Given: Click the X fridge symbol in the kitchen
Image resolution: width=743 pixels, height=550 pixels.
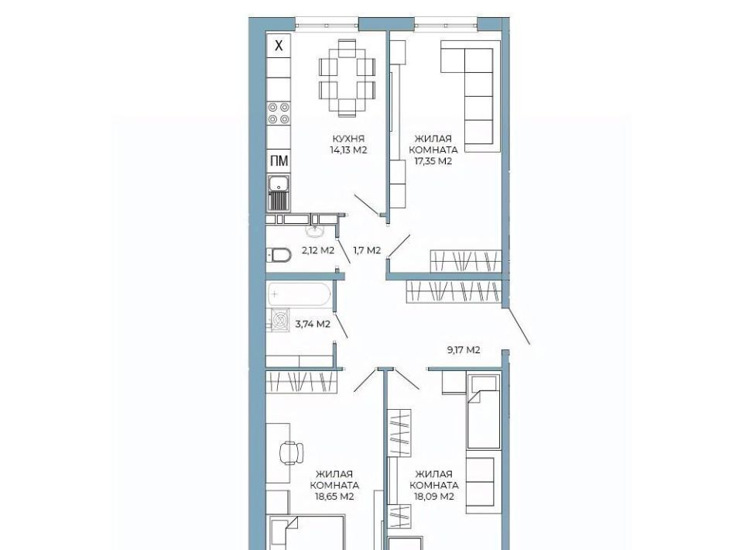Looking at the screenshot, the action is point(279,46).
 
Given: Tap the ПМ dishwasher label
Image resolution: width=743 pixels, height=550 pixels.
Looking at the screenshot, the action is point(279,161).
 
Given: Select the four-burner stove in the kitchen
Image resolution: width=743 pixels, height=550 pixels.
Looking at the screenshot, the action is point(279,113).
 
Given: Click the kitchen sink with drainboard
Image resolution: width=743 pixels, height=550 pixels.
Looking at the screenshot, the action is point(279,193).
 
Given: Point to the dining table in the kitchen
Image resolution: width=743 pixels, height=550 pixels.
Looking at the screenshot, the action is point(347,78).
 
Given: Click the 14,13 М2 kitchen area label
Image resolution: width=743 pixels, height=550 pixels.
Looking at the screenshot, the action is point(349,150).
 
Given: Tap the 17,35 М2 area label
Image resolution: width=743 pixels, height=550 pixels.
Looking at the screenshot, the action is point(433,161).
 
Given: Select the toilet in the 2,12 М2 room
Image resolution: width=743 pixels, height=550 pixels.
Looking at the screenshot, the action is point(279,255).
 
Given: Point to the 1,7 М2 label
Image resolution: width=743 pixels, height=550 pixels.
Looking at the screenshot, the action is point(367,250).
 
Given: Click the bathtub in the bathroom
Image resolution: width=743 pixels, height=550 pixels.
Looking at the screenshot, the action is point(299,294).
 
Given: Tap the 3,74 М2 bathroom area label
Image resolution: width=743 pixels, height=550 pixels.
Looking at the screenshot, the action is point(313,325).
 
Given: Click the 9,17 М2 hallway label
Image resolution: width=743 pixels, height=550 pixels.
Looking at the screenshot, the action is point(464,350).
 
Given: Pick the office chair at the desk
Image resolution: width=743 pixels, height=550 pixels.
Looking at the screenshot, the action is point(292,452).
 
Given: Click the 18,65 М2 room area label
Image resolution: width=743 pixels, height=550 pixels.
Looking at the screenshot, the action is point(334,497).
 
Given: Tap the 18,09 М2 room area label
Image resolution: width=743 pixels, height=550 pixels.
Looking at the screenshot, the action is point(434,497).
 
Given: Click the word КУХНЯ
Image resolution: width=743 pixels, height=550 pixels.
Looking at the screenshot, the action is point(348,139).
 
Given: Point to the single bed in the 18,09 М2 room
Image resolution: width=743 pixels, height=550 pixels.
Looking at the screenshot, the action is point(484,411).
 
